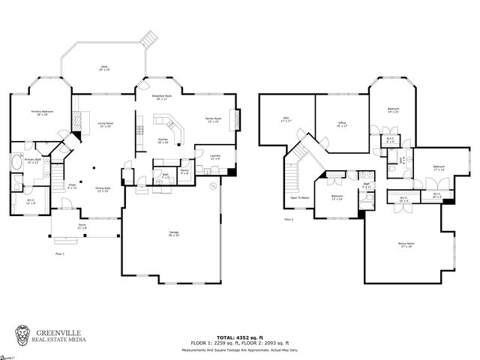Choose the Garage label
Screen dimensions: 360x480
174,232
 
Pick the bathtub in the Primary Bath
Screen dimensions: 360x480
16,160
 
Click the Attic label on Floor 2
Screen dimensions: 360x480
286,118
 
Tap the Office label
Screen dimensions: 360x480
341,124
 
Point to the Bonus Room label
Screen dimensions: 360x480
405,244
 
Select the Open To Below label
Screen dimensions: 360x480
300,198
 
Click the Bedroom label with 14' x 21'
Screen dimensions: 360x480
393,110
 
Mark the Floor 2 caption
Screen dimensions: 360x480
288,219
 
